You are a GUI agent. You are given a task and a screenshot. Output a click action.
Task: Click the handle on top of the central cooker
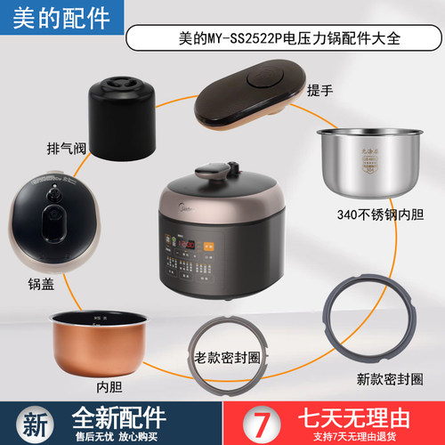211,169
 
